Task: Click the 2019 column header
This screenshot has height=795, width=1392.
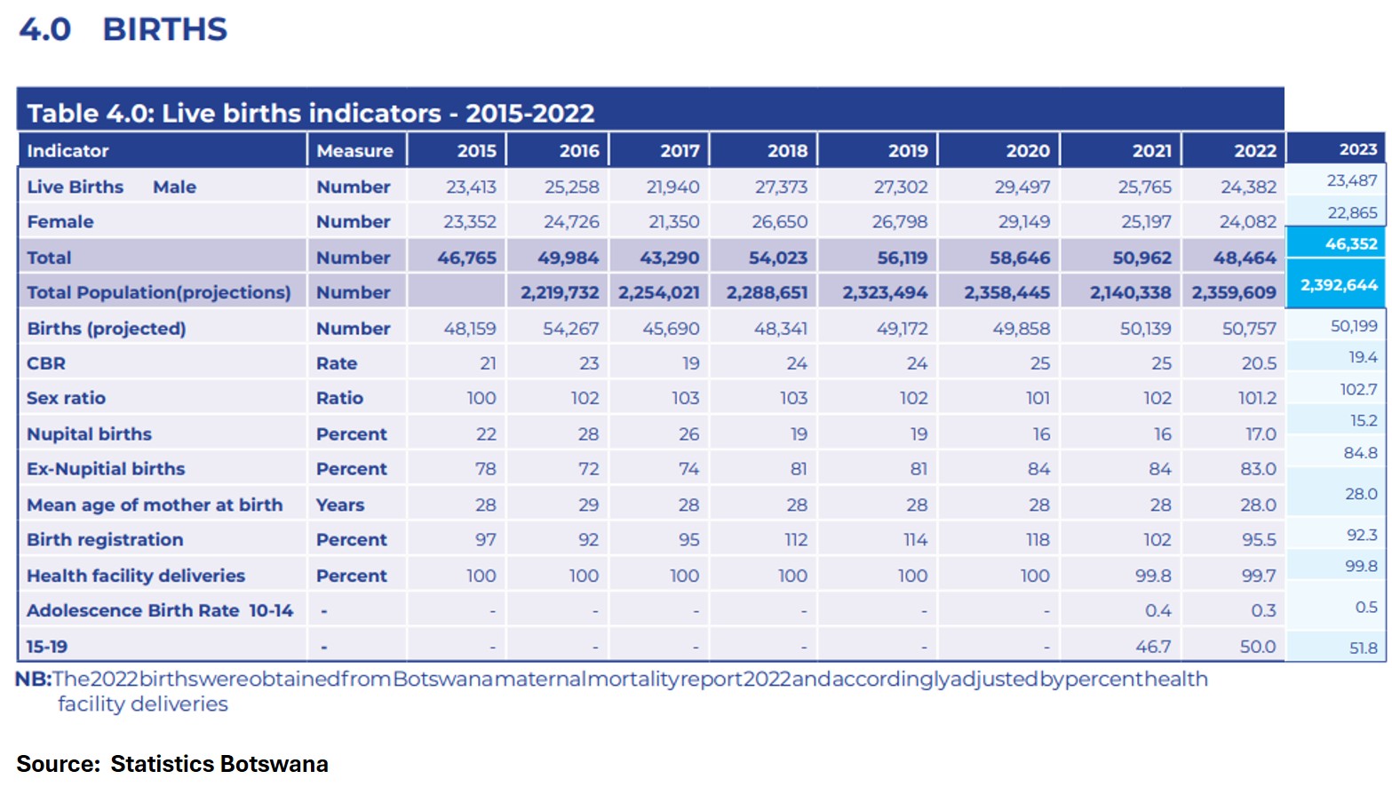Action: click(907, 151)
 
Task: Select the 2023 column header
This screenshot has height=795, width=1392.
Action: click(1357, 149)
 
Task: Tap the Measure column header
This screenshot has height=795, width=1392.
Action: click(354, 151)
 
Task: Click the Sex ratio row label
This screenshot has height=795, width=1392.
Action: click(66, 398)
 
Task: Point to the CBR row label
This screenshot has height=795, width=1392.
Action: click(46, 363)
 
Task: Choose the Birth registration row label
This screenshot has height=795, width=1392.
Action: click(105, 540)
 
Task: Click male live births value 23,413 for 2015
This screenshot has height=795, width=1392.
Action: click(471, 187)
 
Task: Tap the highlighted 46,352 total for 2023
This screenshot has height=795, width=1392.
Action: click(1350, 243)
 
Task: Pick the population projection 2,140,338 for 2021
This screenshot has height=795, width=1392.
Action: click(1130, 293)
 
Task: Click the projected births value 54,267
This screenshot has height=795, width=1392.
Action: click(570, 329)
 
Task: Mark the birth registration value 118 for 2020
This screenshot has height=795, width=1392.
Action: click(1037, 540)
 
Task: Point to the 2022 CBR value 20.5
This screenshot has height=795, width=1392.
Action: click(1258, 363)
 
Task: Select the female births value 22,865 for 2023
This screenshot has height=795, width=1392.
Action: click(1352, 212)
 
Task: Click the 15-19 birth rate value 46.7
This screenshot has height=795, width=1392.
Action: click(1152, 647)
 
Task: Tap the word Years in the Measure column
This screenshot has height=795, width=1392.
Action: click(340, 505)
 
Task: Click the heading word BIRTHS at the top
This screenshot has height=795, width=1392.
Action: click(165, 29)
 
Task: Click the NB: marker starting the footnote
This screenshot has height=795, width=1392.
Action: click(33, 680)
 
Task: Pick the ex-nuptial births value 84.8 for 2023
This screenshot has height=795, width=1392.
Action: click(1360, 453)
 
